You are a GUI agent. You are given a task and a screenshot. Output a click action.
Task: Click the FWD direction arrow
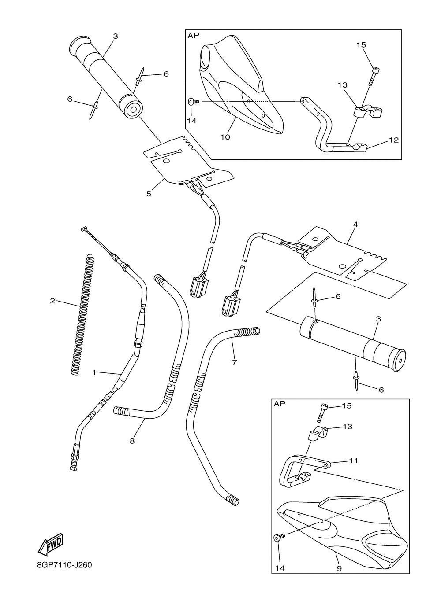point(51,544)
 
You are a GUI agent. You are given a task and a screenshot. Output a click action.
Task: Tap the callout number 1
point(94,372)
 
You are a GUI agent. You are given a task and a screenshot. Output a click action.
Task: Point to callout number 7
point(234,362)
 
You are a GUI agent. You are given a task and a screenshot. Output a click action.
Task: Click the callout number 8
point(132,440)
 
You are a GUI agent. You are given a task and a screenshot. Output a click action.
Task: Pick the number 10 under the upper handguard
point(225,137)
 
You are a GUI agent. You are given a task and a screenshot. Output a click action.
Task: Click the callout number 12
point(394,140)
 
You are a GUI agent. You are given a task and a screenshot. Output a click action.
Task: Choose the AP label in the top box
point(194,36)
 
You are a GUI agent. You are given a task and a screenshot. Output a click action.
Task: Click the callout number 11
point(353,461)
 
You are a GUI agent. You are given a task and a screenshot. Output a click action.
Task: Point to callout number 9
point(339,568)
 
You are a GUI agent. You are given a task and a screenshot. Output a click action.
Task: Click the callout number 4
point(355,225)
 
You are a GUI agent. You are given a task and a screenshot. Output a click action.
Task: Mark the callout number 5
point(149,193)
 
